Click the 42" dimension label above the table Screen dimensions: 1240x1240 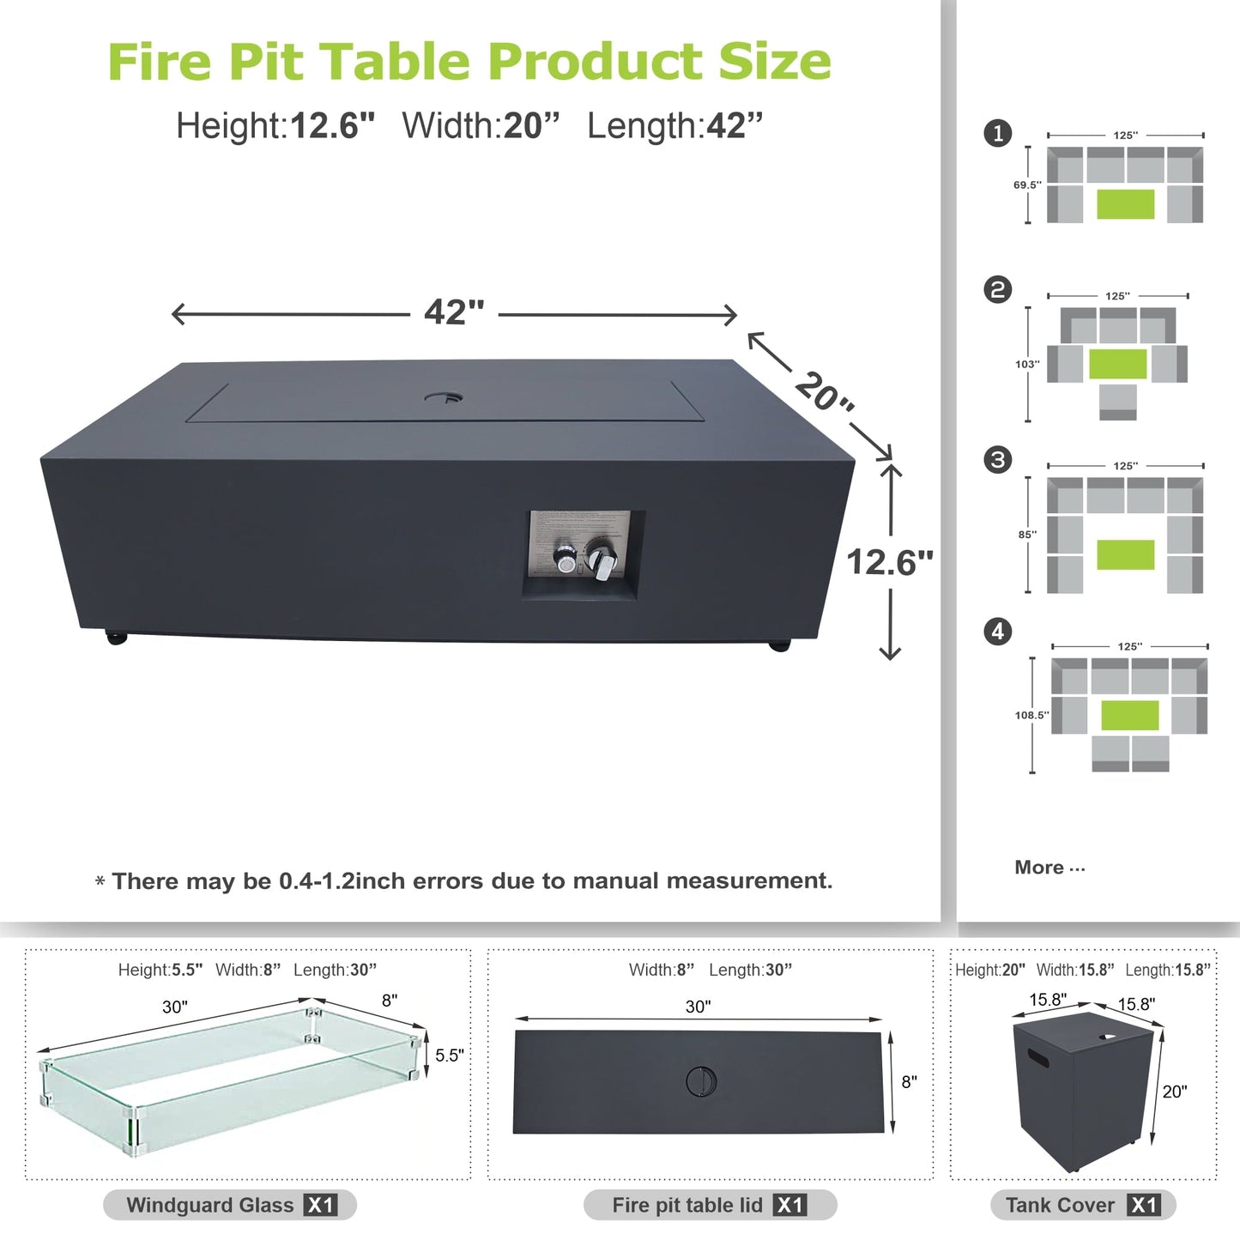coord(454,312)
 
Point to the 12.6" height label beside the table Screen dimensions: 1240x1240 coord(889,563)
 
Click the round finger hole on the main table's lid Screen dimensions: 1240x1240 coord(444,398)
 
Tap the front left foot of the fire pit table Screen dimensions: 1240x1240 coord(116,638)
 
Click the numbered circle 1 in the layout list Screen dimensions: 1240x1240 coord(997,134)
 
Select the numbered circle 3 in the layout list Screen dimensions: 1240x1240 coord(997,460)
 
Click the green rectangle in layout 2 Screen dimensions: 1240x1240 coord(1117,364)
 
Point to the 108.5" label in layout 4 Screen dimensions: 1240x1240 coord(1031,715)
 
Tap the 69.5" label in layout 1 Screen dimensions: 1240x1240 coord(1026,184)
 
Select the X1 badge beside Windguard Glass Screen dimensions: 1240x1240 coord(320,1205)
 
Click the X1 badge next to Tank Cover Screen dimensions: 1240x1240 coord(1143,1205)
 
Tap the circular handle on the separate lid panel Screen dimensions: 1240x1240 coord(701,1081)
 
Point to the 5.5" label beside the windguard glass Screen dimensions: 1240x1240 coord(449,1056)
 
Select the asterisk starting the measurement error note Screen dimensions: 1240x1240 coord(100,882)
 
